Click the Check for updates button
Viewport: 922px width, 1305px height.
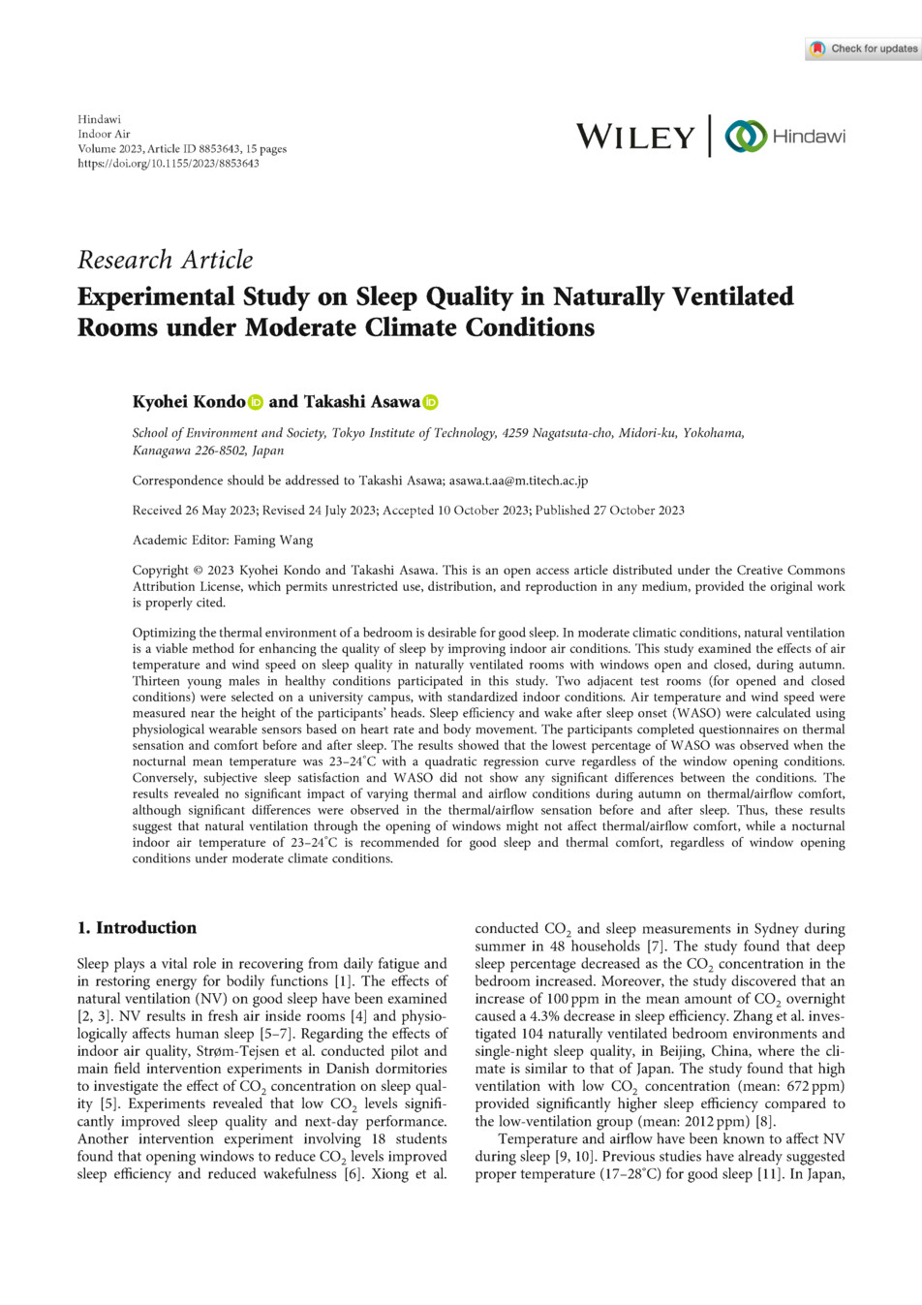[863, 48]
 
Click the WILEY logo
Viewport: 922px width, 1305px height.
[635, 137]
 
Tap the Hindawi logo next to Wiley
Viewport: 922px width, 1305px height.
[785, 137]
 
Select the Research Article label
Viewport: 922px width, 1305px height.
[165, 260]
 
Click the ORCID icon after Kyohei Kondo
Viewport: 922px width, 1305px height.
[256, 402]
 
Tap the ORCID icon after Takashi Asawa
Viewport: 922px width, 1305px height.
[430, 402]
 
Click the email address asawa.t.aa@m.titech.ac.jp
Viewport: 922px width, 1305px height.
[518, 481]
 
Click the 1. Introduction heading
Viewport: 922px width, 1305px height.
[137, 928]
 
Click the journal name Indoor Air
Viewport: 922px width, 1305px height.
[104, 135]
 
